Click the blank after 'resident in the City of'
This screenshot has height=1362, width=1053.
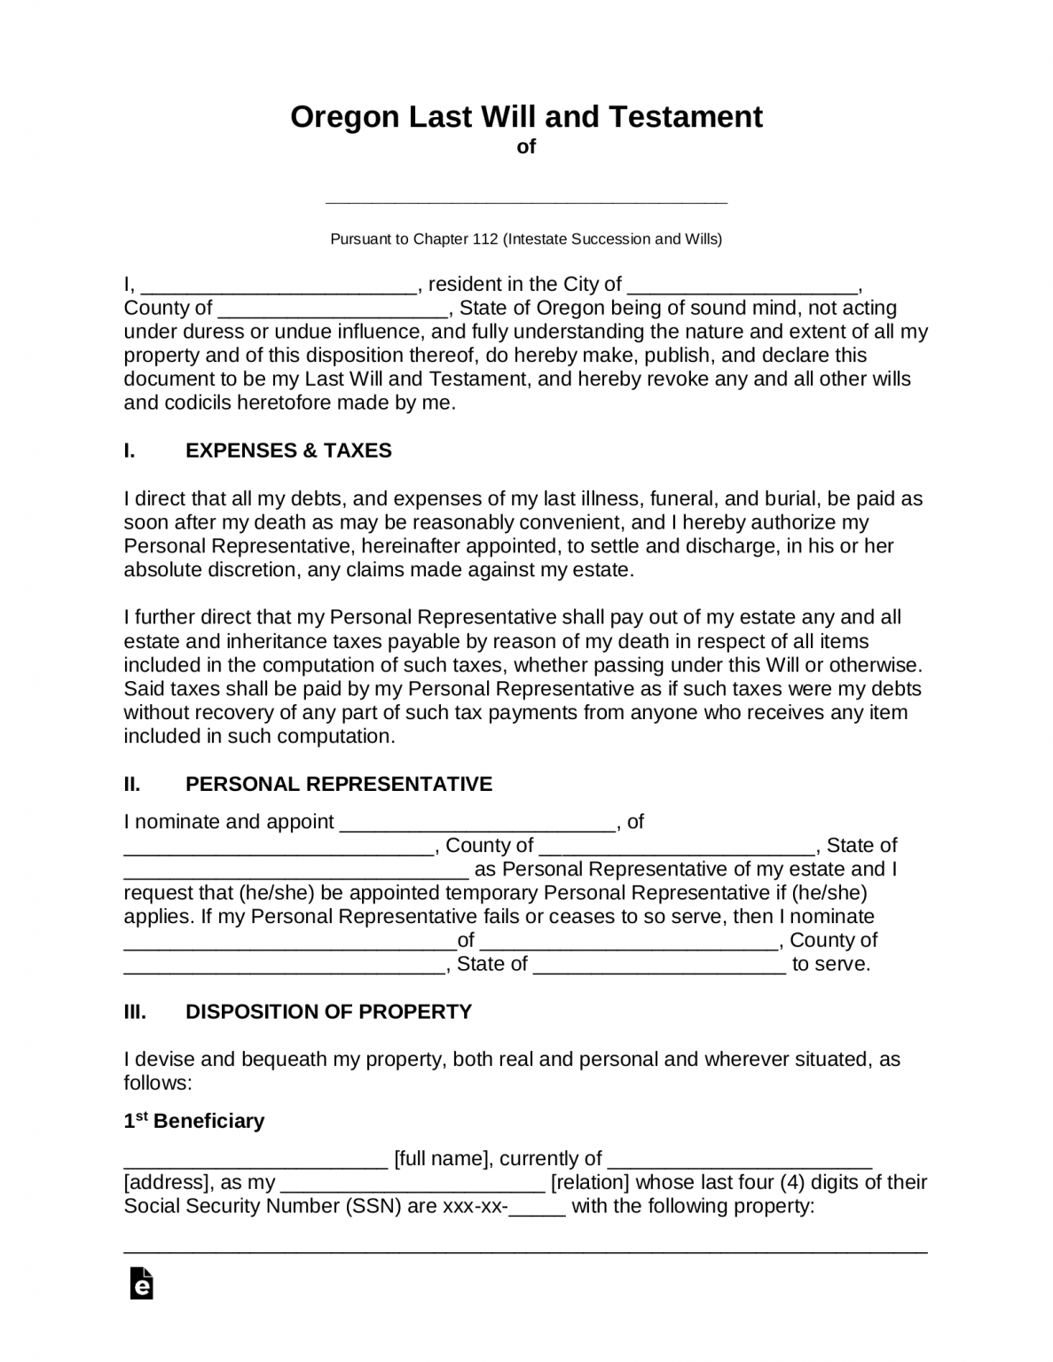click(743, 286)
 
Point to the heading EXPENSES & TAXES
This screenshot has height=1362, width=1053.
click(288, 450)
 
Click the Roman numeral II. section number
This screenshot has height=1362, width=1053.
click(132, 784)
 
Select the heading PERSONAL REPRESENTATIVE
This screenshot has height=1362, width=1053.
click(338, 784)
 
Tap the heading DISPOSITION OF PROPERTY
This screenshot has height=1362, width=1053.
click(328, 1012)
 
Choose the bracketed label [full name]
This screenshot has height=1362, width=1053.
click(441, 1158)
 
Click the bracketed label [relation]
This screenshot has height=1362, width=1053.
click(590, 1182)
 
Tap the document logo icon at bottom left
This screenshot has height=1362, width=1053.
click(141, 1284)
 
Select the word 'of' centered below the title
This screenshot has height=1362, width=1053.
click(526, 146)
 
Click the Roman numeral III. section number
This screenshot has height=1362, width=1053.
click(135, 1012)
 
